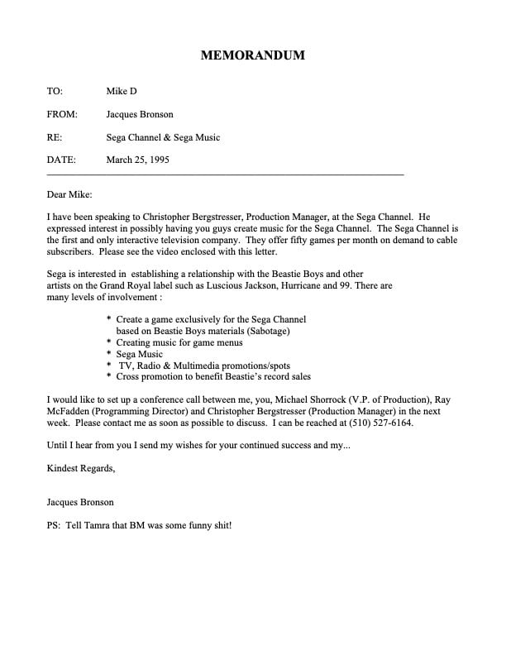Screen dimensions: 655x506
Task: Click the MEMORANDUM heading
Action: [x=253, y=55]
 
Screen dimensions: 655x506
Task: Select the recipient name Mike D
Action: [x=122, y=91]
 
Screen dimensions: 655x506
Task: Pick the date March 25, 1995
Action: [x=138, y=160]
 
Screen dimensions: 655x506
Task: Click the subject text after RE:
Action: [x=164, y=137]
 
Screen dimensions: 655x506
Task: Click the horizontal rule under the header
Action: [x=226, y=175]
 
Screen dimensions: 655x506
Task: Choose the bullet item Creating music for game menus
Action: [x=174, y=342]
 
